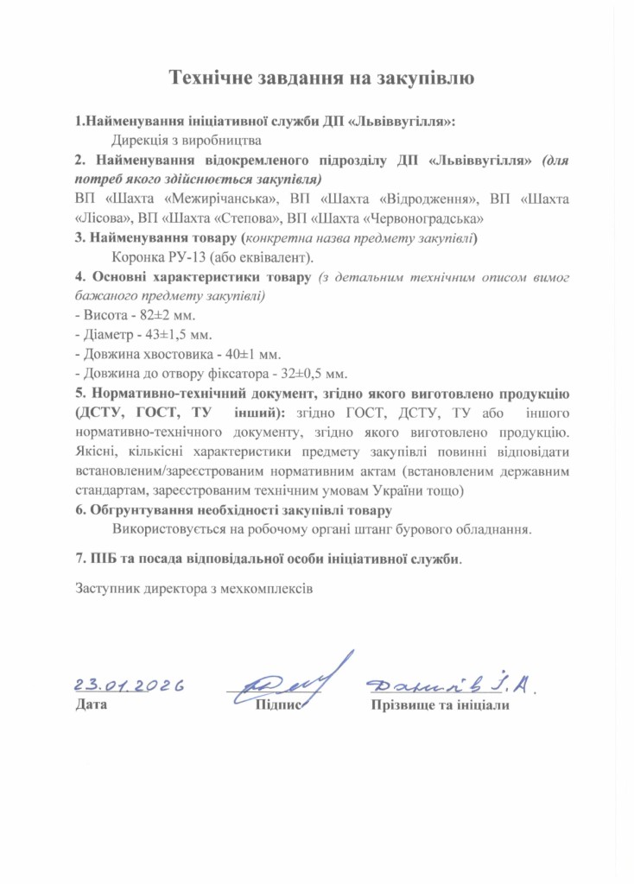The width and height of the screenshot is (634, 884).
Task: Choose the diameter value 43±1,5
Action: (x=162, y=335)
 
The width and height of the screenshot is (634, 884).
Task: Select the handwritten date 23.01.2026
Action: (x=130, y=685)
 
